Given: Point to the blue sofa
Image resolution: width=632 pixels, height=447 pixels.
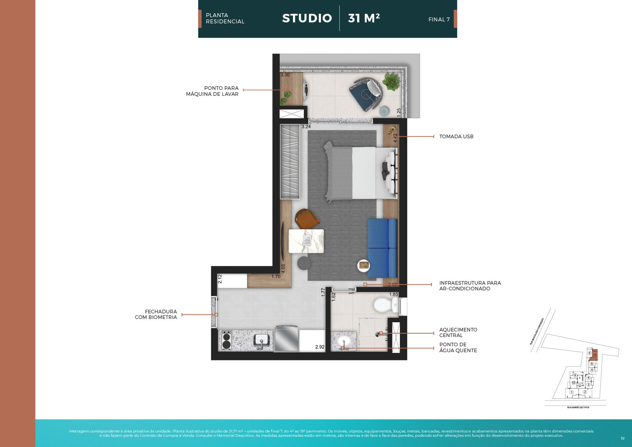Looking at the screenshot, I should coord(383,248).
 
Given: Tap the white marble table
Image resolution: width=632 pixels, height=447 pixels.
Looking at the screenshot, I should coord(306,241).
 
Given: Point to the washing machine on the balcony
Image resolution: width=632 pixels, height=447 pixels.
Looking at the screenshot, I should coord(306,89).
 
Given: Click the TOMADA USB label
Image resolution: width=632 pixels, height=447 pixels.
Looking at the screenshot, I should coord(456,137).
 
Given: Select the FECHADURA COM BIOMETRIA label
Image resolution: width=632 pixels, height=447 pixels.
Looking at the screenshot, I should coord(156,314).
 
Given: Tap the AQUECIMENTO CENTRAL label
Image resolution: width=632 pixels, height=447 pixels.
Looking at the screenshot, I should coord(458,332).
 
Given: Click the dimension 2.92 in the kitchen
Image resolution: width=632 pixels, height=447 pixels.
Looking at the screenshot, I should coord(320,347).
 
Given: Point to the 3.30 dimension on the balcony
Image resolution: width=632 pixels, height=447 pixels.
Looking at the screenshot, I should coord(285,75).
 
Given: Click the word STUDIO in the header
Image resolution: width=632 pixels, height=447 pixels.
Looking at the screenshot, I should coord(307,18).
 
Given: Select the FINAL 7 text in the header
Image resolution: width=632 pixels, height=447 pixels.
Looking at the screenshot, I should coord(439,20).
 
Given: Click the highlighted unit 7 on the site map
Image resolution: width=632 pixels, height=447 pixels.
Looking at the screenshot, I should coord(595,355).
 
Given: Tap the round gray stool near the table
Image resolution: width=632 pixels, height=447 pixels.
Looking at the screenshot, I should coord(304,263).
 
